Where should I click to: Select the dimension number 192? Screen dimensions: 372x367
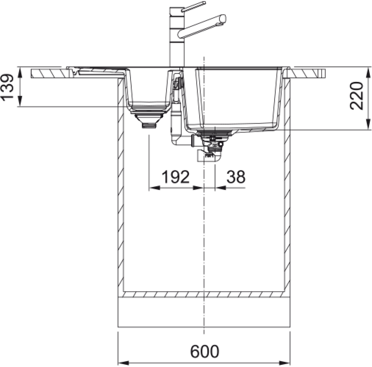click(x=175, y=177)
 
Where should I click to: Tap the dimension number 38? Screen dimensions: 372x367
click(x=236, y=177)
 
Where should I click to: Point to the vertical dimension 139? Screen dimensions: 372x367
click(x=7, y=87)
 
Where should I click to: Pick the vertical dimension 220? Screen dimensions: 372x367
click(x=356, y=96)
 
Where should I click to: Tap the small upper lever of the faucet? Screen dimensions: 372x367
click(x=193, y=7)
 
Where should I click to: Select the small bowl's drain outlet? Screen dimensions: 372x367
click(x=149, y=121)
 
